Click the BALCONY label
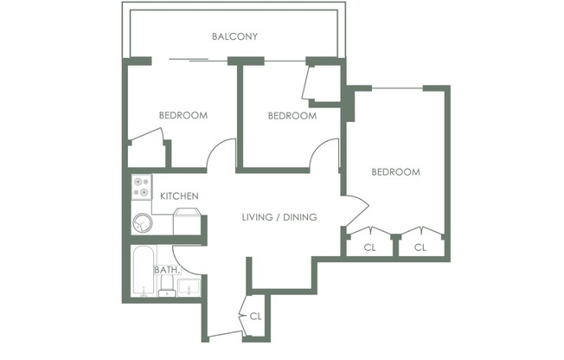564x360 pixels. [x=235, y=36]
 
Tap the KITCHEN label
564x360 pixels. [x=180, y=196]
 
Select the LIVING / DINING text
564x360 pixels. [x=279, y=216]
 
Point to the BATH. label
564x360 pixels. [x=167, y=270]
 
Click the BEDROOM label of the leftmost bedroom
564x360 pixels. [x=183, y=115]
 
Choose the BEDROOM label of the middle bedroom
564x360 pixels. [x=292, y=115]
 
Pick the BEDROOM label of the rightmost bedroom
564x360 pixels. [x=395, y=172]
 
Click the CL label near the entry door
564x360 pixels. [x=255, y=316]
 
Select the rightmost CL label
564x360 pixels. [x=420, y=247]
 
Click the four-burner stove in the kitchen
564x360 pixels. [x=141, y=188]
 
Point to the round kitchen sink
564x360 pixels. [x=141, y=224]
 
